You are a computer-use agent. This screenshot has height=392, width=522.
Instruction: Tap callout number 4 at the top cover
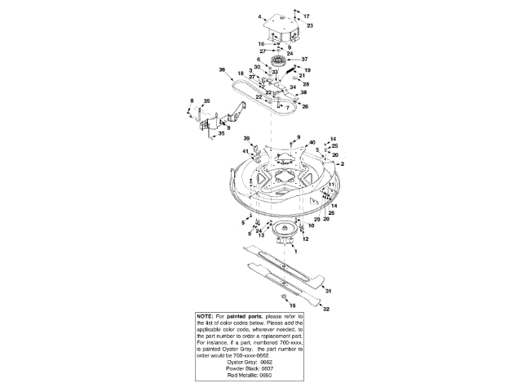(260, 17)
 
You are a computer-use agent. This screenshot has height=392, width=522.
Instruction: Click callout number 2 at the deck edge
(343, 164)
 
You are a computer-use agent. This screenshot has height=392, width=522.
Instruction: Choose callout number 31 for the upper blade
(328, 291)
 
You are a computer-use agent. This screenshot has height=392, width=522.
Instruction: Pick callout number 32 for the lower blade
(325, 310)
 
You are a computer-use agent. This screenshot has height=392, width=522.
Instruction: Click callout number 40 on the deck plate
(312, 143)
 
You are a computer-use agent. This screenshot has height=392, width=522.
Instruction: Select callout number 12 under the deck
(304, 240)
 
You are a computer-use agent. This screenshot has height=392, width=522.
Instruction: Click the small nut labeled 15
(281, 296)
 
